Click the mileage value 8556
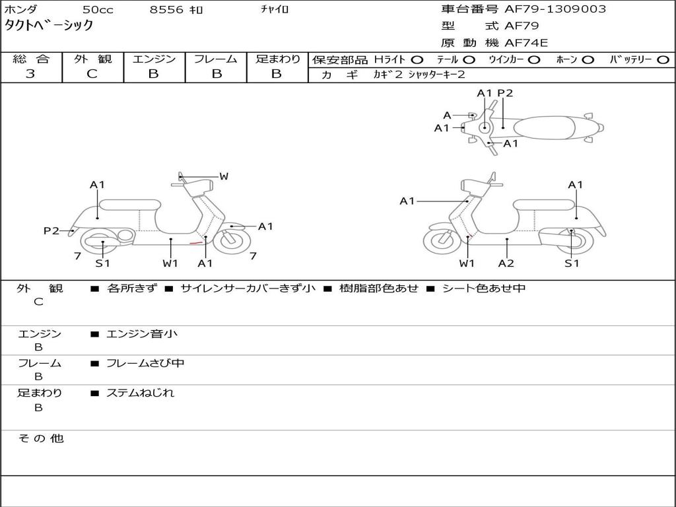(x=167, y=10)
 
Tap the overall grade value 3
(x=30, y=74)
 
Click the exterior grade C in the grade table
(x=92, y=74)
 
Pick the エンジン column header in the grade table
(x=154, y=59)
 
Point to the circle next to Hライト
(x=418, y=60)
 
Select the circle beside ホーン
(x=588, y=60)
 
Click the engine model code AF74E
(x=526, y=44)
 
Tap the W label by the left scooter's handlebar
(x=224, y=176)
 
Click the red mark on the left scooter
(x=195, y=242)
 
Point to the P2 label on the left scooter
(x=51, y=230)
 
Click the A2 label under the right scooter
(x=506, y=263)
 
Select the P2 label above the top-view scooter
(x=505, y=93)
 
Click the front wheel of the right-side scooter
(x=442, y=242)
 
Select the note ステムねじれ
(x=141, y=393)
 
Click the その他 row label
(x=41, y=438)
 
